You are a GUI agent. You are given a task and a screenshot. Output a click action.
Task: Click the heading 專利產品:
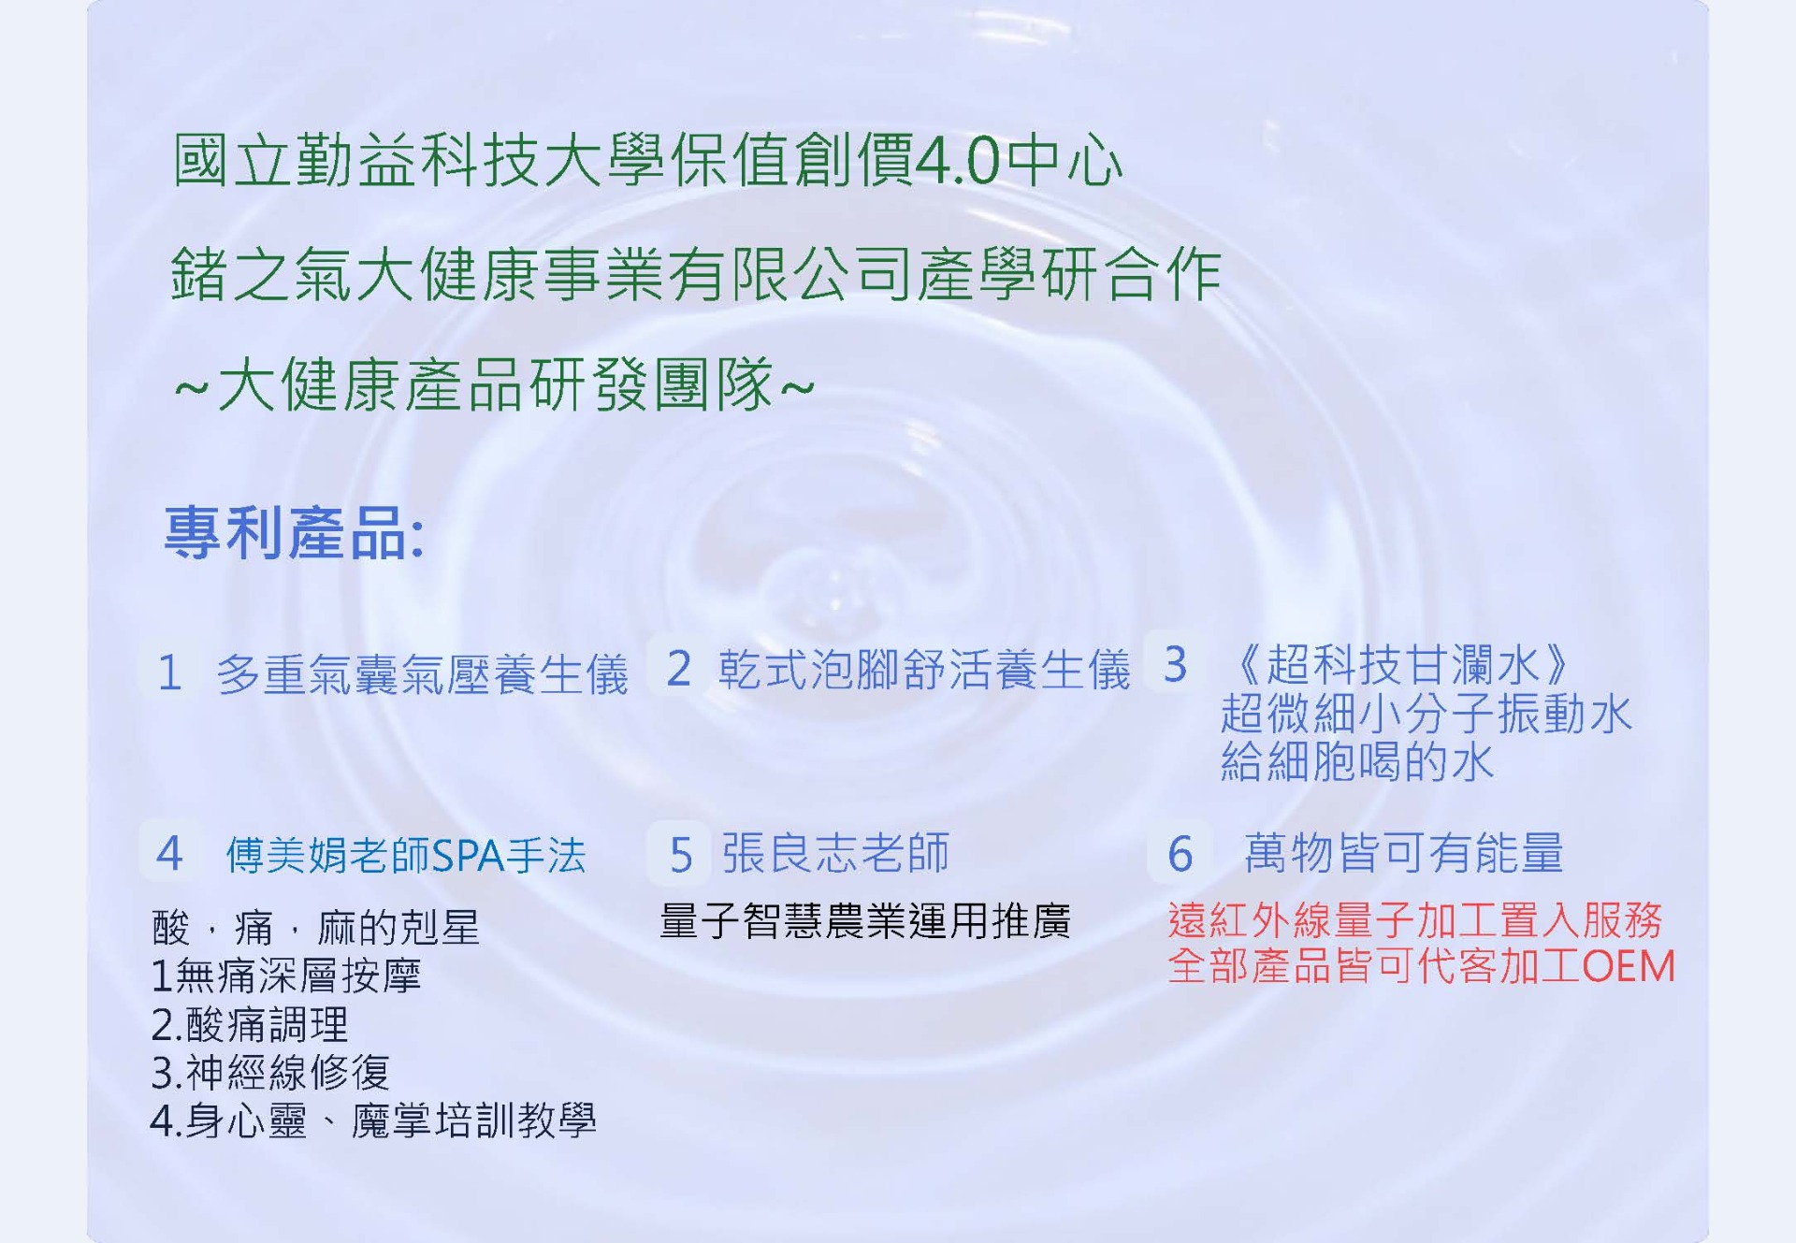click(295, 533)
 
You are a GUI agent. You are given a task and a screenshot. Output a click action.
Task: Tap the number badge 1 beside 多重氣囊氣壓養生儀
click(169, 672)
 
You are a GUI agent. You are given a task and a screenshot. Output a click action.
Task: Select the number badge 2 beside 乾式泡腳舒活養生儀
click(679, 669)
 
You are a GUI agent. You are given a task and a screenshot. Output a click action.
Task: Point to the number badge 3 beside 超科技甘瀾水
click(1176, 665)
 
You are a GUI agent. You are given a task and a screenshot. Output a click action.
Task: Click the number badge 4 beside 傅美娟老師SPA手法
click(169, 853)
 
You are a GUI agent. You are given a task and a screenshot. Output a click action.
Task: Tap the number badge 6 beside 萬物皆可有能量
click(1180, 853)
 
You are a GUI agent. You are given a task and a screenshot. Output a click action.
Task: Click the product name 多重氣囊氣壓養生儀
click(422, 674)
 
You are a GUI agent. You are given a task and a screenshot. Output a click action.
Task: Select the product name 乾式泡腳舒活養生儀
click(924, 670)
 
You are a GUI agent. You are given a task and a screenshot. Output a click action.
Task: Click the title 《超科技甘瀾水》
click(1400, 665)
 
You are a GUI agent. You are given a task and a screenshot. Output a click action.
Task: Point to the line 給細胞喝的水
click(1357, 761)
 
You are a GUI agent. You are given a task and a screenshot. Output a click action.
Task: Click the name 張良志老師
click(835, 852)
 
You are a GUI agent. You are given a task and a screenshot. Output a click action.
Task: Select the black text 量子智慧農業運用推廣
click(865, 921)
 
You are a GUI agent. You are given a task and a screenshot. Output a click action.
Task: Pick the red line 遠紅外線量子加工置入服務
click(1415, 920)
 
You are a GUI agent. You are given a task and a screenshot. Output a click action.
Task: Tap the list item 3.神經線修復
click(270, 1072)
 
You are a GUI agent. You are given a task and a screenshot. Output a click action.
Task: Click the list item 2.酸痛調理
click(250, 1024)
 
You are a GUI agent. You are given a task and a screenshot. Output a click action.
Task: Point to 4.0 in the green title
click(959, 161)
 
